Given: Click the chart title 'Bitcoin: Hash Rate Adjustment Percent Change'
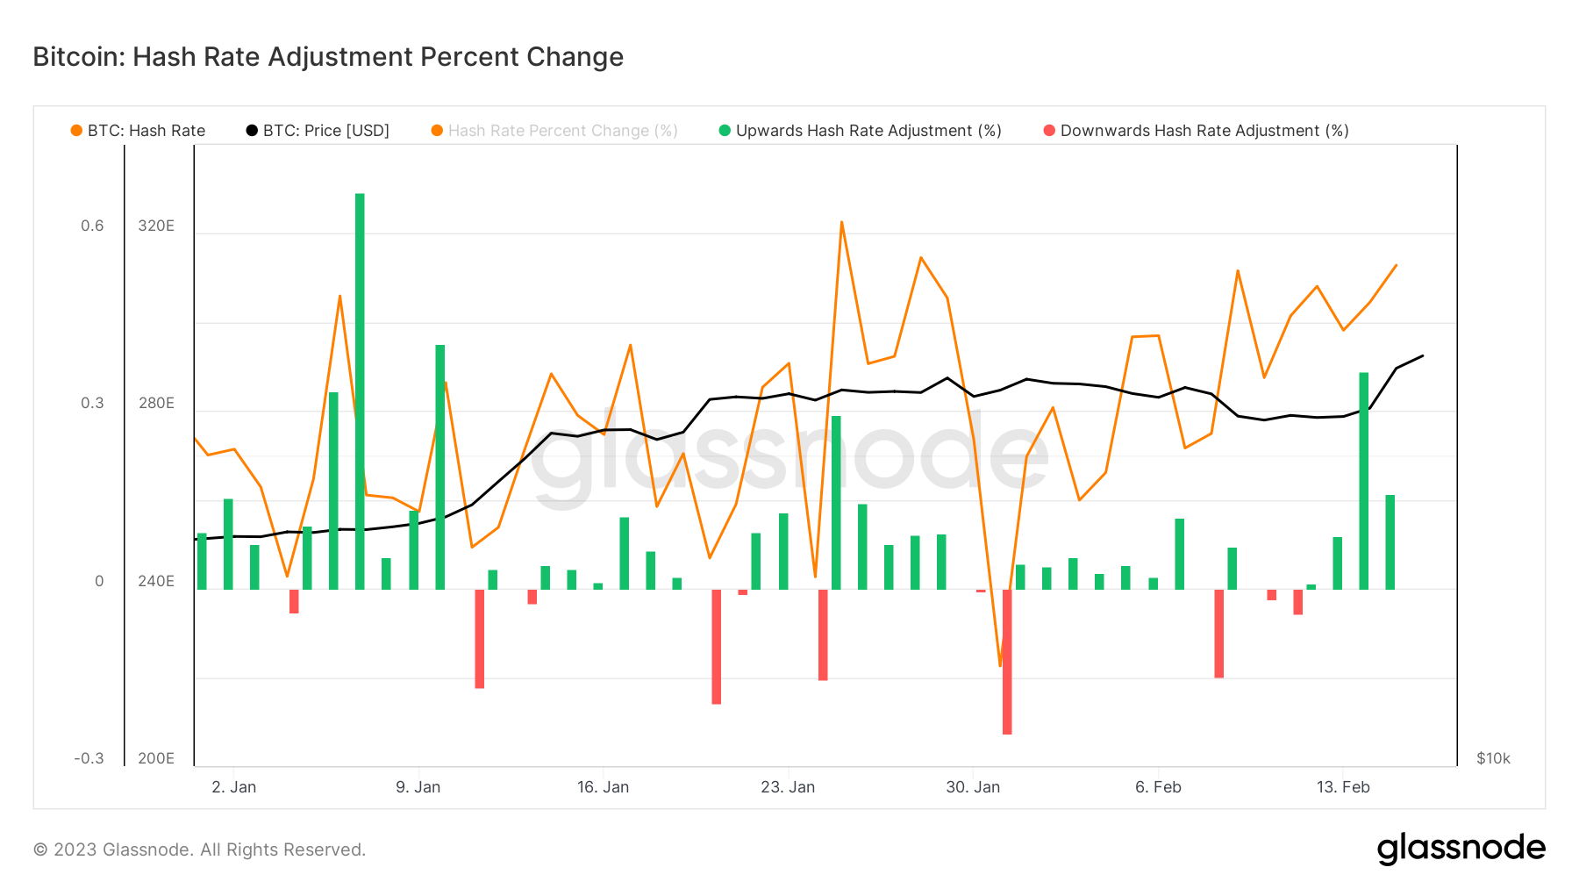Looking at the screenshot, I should (328, 57).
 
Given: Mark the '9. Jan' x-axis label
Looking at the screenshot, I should (418, 787).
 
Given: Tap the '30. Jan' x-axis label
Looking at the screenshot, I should (973, 787).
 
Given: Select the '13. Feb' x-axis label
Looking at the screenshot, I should (1343, 787).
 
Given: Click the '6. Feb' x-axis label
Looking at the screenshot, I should (1158, 787).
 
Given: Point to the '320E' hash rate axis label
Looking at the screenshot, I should (156, 226).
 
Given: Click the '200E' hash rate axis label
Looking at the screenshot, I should (156, 758).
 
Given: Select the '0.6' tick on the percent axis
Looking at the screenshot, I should (92, 226).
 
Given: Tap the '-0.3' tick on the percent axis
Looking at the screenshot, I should (89, 758).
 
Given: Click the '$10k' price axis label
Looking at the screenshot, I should (1493, 758).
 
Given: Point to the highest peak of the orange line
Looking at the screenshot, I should (841, 222).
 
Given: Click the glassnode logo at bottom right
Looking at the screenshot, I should (1461, 849).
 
